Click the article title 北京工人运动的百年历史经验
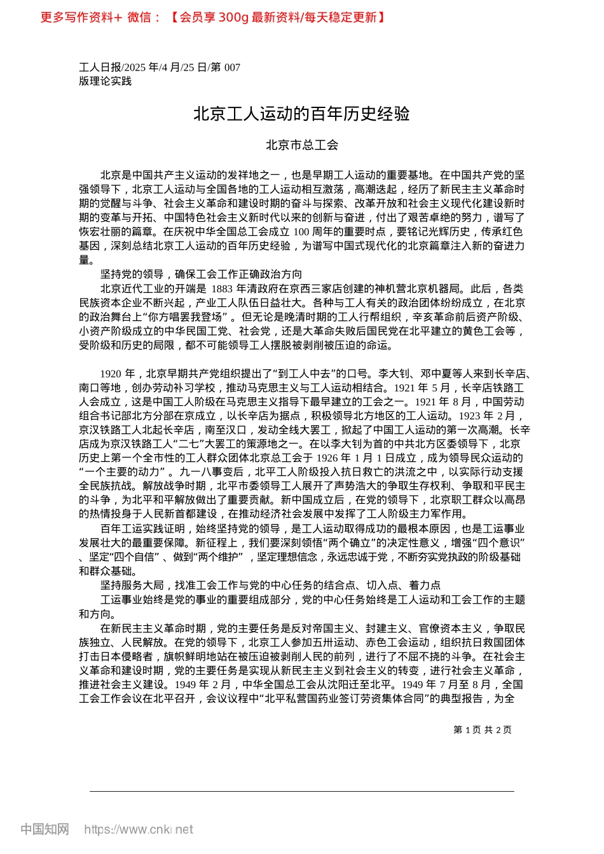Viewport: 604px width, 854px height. (x=301, y=114)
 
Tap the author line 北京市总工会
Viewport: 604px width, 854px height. (x=301, y=145)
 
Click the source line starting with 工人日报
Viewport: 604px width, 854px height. (x=160, y=67)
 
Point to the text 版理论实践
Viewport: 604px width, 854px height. (x=105, y=81)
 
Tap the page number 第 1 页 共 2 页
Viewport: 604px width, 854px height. (x=482, y=729)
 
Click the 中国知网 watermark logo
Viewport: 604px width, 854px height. (x=45, y=829)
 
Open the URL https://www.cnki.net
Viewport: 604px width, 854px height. (x=139, y=829)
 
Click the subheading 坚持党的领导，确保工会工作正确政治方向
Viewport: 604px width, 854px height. (x=201, y=274)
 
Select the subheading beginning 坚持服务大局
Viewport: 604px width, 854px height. (x=270, y=585)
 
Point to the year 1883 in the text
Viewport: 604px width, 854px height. (x=223, y=288)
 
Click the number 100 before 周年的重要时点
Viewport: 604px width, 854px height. (x=301, y=232)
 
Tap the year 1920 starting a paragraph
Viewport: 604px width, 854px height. (x=111, y=373)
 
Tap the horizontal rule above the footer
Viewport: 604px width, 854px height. (x=301, y=791)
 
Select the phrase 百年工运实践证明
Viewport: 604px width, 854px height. (x=142, y=529)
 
